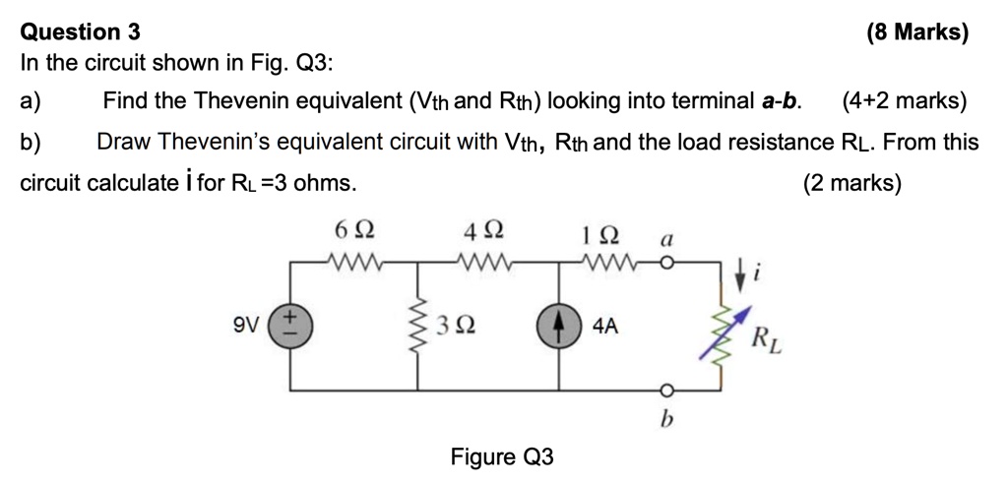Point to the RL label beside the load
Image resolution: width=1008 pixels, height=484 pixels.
[762, 341]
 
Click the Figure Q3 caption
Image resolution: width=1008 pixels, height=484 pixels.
[502, 456]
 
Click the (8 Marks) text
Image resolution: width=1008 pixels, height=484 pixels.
[917, 32]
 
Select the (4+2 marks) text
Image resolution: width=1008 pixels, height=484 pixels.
[905, 100]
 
